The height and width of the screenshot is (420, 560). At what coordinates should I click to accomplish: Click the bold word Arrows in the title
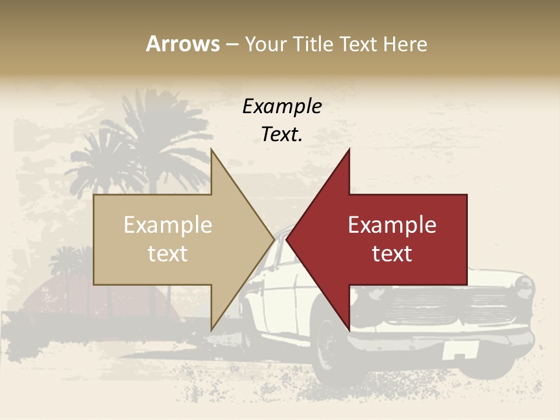[183, 44]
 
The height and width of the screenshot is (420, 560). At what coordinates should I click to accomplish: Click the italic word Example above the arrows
[282, 106]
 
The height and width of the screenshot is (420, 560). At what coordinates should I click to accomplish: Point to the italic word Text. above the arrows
[282, 135]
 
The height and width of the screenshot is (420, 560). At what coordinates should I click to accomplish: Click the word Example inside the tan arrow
[168, 225]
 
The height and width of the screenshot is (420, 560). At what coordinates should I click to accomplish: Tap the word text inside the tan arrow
[168, 253]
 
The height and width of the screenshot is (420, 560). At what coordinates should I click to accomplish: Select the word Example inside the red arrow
[392, 225]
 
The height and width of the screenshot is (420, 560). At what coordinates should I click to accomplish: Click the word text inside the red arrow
[392, 253]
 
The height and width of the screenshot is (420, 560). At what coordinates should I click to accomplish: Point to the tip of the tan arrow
[273, 239]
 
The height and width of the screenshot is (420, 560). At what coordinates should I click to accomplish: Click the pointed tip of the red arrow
[288, 239]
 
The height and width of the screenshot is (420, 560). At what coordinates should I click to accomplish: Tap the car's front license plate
[460, 351]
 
